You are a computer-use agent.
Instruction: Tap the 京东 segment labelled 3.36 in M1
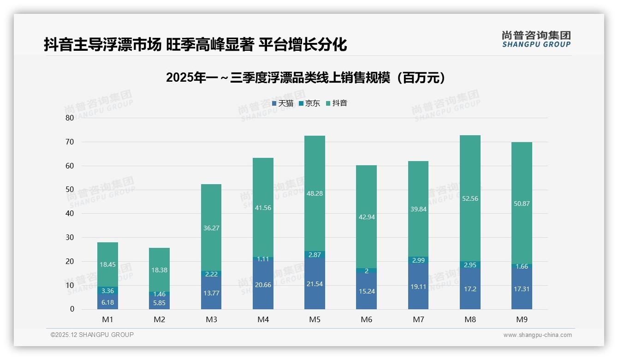(107, 291)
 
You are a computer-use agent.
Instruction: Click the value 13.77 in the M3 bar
(211, 293)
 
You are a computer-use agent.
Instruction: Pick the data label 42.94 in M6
(366, 217)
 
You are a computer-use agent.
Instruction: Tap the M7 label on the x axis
(418, 319)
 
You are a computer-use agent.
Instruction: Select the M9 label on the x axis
(522, 319)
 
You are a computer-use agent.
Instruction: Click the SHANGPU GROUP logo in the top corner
(536, 39)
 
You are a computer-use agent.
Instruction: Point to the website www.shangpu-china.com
(537, 335)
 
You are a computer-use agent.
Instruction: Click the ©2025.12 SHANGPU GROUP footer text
(92, 335)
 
